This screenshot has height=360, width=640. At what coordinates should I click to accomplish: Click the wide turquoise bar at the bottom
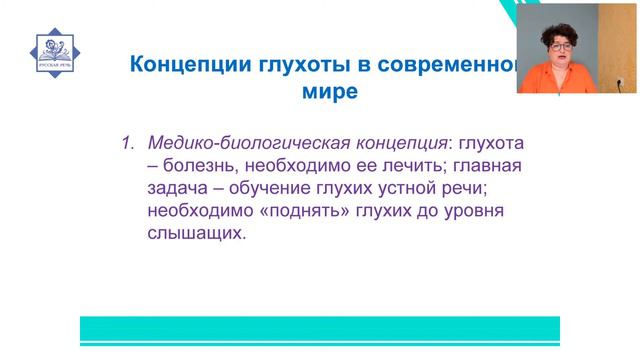320,330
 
